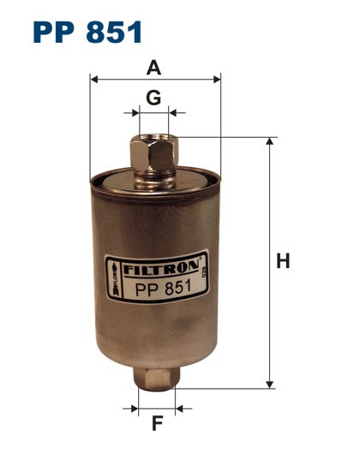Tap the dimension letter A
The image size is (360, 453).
pos(155,67)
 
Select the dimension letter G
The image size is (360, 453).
pos(153,98)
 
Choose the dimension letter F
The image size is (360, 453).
pos(156,422)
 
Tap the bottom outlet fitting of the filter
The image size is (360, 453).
pos(156,378)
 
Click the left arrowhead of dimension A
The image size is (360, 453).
pos(94,80)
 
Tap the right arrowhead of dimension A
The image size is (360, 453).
pos(217,80)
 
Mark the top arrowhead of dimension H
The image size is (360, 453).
pos(270,140)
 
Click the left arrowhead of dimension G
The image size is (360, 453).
pos(132,112)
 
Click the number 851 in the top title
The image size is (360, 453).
pos(114,33)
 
